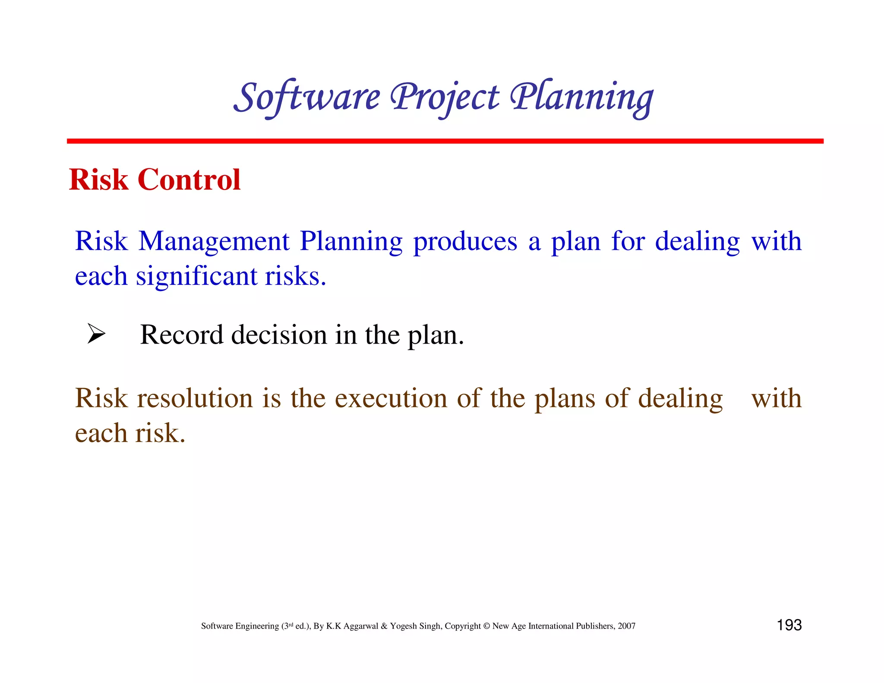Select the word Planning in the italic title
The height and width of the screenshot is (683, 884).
point(582,98)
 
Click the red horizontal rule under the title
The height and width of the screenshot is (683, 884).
point(445,141)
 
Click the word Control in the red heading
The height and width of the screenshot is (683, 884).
point(189,180)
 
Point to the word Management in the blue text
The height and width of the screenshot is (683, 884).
point(214,241)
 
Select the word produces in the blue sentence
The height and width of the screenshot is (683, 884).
point(465,241)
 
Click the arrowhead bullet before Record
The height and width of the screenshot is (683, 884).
point(96,334)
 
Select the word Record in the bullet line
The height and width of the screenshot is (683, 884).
point(182,335)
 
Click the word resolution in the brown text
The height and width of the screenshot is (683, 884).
point(195,398)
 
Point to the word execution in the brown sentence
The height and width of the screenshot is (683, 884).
point(391,398)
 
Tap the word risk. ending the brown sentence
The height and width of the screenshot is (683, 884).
point(160,433)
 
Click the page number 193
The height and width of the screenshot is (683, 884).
point(789,625)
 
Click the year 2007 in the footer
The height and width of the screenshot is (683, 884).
point(626,626)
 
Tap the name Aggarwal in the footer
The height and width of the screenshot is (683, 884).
point(360,626)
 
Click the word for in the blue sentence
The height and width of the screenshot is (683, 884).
point(628,241)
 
